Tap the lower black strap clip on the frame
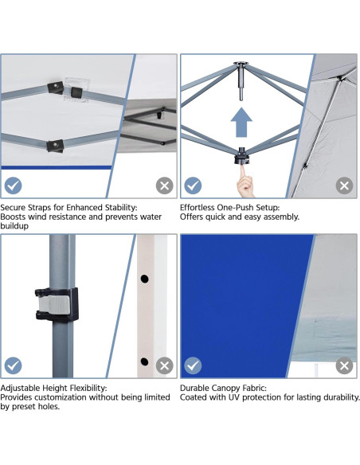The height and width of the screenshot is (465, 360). pos(54,145)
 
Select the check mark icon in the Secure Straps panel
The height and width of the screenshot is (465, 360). pos(13,186)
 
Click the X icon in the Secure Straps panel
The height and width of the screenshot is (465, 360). pos(164,186)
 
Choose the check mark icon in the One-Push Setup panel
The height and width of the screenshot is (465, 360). pos(193,186)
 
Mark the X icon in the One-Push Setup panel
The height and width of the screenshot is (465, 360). pos(344,186)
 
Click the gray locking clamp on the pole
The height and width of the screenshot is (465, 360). pos(56,303)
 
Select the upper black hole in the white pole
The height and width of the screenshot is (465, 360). pos(145,279)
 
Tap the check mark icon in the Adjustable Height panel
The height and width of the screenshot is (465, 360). pos(13,365)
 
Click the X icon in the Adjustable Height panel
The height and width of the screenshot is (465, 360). pos(164,365)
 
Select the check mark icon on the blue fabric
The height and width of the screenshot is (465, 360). pos(193,365)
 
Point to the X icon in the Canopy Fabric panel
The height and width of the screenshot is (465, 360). pos(344,365)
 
